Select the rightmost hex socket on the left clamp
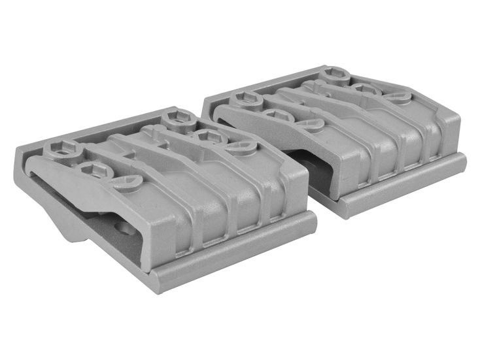[x=208, y=137]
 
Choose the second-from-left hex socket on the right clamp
[x=279, y=116]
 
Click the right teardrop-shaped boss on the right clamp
[x=398, y=96]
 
